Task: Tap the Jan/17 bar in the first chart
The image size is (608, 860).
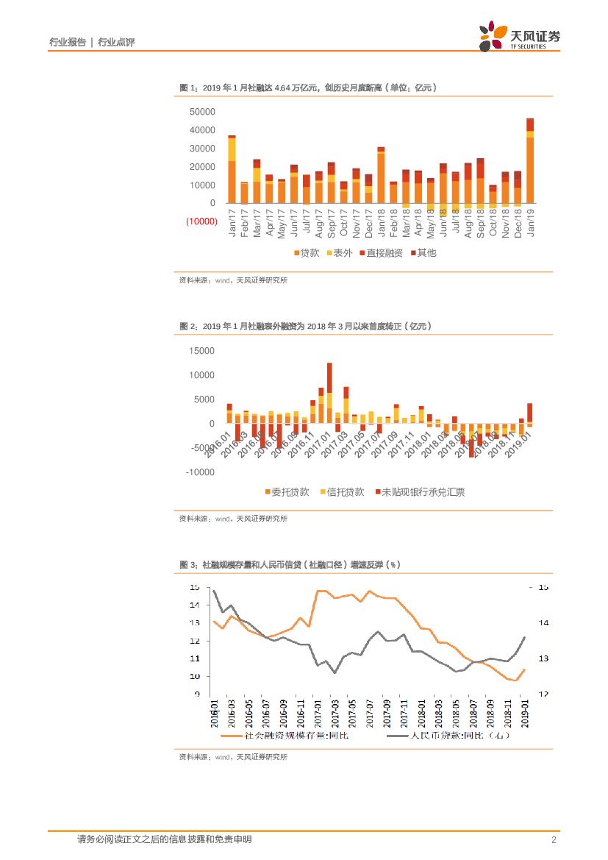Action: (x=232, y=169)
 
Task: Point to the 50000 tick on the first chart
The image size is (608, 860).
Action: (x=202, y=112)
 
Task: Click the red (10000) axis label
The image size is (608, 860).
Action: (x=201, y=221)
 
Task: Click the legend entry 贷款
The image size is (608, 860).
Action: (x=307, y=253)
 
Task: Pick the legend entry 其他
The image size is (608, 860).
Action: (x=423, y=253)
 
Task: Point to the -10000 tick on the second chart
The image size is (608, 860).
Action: (x=200, y=472)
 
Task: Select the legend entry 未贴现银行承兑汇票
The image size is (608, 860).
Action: (x=420, y=492)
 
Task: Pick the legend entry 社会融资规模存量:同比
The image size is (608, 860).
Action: (x=273, y=735)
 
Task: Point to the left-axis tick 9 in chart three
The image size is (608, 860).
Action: (x=196, y=694)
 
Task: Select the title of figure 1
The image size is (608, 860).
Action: (x=308, y=88)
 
